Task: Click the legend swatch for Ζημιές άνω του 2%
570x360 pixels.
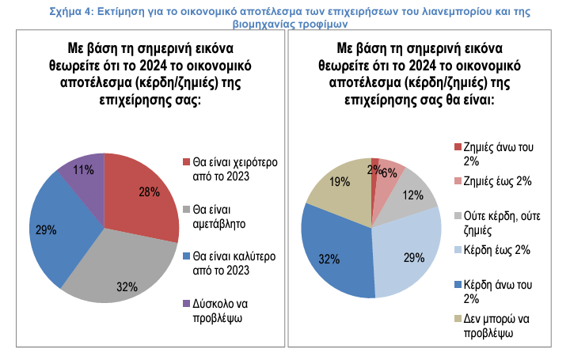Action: pos(458,147)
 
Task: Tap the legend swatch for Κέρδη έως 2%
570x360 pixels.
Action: pos(458,251)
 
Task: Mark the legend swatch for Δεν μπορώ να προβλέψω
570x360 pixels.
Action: pos(458,318)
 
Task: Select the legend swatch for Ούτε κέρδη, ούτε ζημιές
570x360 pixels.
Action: pos(458,215)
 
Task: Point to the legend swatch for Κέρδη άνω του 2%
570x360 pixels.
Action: pos(458,284)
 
